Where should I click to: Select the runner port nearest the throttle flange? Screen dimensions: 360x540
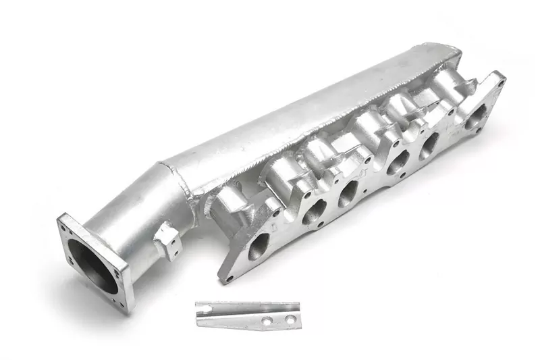(259, 247)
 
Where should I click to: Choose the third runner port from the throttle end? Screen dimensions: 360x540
(347, 194)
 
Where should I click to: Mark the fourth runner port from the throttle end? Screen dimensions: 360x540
(397, 162)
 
